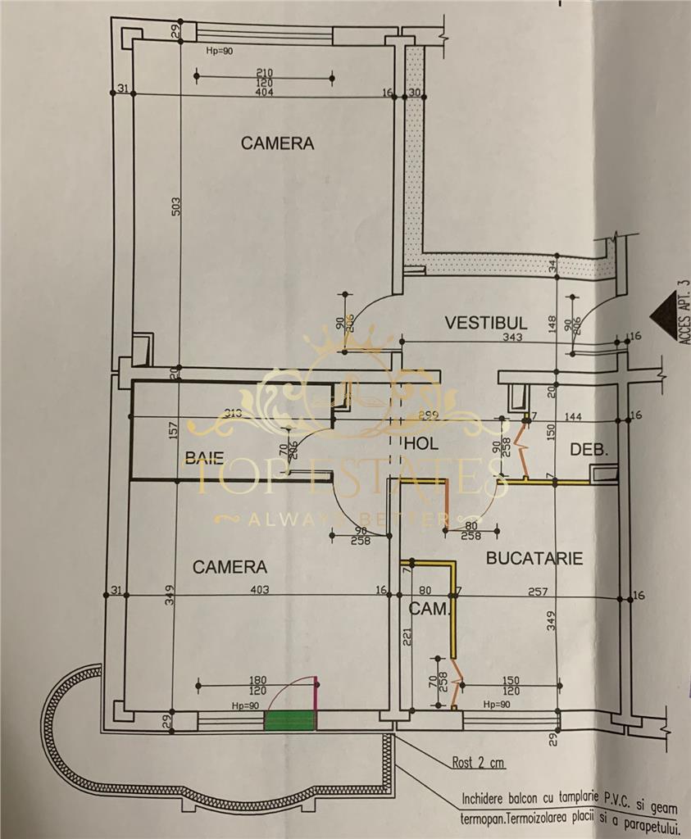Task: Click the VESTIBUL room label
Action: click(485, 323)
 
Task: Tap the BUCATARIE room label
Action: click(534, 559)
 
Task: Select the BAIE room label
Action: click(204, 458)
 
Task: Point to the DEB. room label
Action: click(589, 449)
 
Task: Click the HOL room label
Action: click(423, 444)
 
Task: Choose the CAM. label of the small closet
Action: click(430, 609)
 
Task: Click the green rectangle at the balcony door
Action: click(289, 720)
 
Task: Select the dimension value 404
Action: click(264, 92)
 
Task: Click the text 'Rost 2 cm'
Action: click(479, 764)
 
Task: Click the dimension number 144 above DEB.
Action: click(573, 417)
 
